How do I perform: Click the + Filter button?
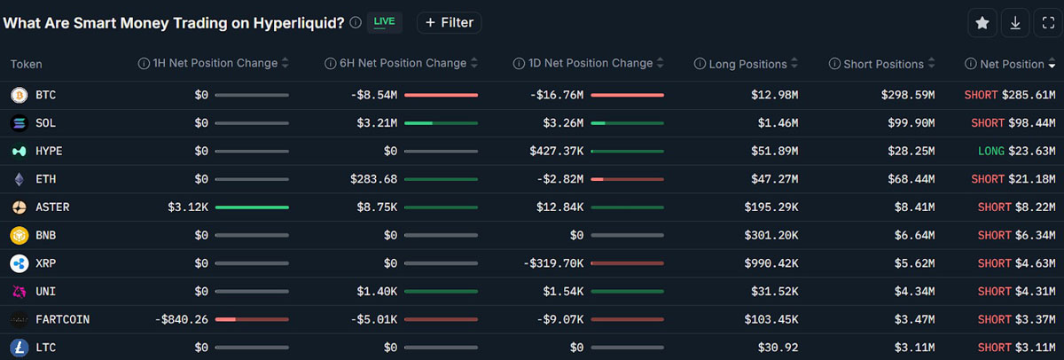pos(449,23)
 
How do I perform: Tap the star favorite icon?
pos(982,23)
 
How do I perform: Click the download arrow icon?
pos(1015,23)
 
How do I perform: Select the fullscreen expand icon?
pos(1048,23)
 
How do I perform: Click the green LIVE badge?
pos(384,22)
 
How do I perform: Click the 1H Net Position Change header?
pos(215,63)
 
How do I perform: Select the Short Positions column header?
pos(883,64)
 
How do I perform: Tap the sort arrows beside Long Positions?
pos(794,63)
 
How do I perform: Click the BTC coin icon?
pos(19,95)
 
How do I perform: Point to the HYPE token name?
pos(49,151)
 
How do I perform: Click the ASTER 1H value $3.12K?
pos(188,207)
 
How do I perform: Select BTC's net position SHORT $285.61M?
pos(1010,95)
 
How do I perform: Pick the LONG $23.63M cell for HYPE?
pos(1016,151)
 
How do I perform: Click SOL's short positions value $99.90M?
pos(911,123)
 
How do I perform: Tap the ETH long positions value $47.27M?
pos(774,179)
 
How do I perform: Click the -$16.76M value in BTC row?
pos(557,95)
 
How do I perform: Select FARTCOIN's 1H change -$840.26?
pos(182,319)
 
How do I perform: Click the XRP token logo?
pos(19,263)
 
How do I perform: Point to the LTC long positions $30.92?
pos(778,348)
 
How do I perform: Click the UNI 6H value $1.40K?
pos(377,291)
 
